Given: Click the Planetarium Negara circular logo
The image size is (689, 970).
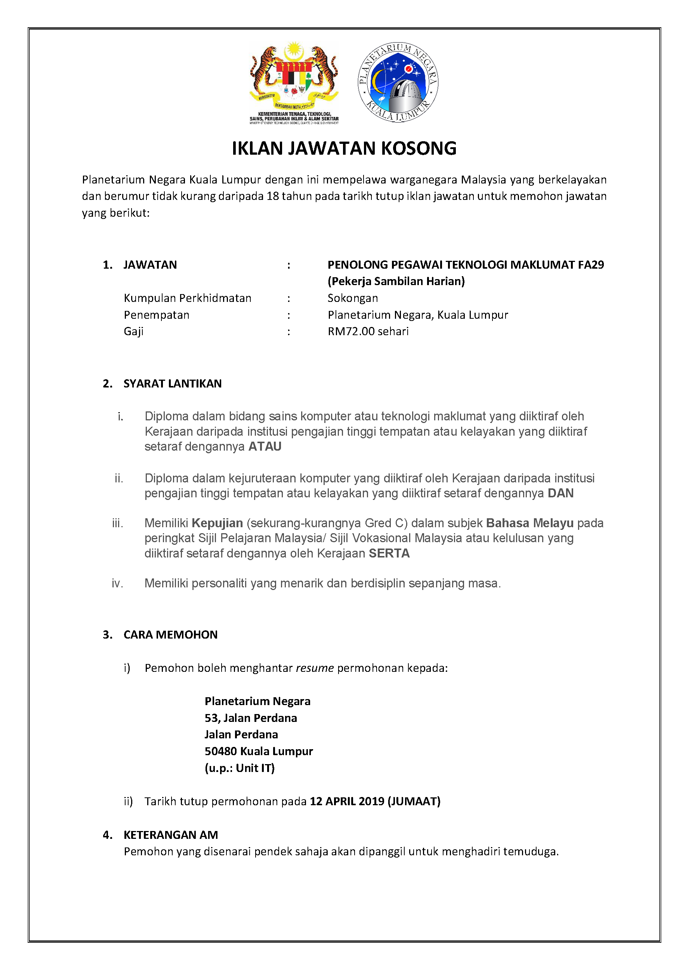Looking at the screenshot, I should [398, 82].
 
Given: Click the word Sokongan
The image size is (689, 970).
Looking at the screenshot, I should [353, 298].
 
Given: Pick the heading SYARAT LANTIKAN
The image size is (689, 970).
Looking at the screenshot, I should [172, 384].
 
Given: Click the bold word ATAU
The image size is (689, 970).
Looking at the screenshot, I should [265, 447].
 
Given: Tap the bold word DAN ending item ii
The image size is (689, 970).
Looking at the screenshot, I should [560, 493].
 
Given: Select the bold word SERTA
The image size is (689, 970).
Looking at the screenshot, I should [389, 553].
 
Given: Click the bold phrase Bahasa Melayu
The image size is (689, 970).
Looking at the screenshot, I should [529, 523].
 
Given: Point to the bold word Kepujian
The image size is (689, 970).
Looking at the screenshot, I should [217, 523].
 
